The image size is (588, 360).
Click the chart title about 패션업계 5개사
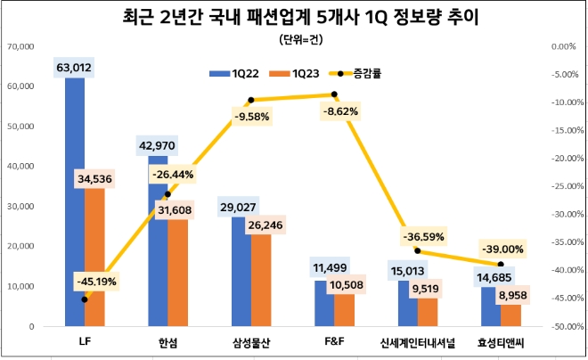point(294,17)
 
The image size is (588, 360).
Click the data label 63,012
point(74,67)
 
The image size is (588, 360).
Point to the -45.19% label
point(95,282)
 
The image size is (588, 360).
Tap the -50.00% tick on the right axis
point(565,327)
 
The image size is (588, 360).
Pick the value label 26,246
point(267,225)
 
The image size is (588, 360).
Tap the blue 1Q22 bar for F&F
point(324,303)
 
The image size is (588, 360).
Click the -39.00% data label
point(502,249)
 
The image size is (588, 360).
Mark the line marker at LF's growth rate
point(85,299)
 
